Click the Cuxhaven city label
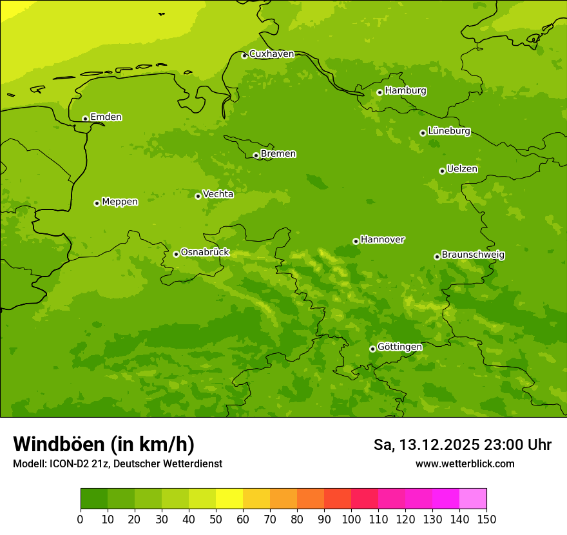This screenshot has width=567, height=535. pos(271,54)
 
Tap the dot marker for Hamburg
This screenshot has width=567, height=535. pos(380,92)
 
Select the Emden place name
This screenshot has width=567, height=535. pos(106,117)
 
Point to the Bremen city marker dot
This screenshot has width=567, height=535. pos(256,155)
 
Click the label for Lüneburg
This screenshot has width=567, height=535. pos(449,131)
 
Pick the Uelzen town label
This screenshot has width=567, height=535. pos(462,170)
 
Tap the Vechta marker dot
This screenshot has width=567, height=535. pos(198,196)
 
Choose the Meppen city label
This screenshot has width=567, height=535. pos(120,202)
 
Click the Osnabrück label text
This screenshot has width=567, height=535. pos(205,253)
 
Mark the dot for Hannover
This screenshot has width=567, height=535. pos(356,241)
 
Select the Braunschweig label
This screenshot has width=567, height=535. pos(473,255)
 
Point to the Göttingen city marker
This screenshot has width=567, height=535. pos(372,349)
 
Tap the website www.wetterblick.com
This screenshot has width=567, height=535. pos(465,463)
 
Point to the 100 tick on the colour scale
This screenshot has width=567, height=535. pos(351,519)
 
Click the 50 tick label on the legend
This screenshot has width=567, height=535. pos(216,519)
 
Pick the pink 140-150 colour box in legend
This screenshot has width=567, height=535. pos(473,499)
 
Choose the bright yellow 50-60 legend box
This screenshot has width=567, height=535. pos(229,499)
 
